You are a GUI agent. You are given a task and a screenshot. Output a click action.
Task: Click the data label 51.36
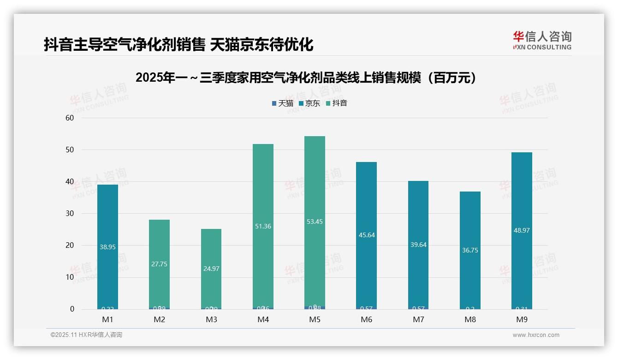(263, 226)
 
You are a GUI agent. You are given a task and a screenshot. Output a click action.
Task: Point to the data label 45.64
(367, 235)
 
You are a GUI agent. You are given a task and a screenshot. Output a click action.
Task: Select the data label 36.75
(470, 250)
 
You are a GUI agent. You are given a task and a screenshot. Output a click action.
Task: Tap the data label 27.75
(159, 264)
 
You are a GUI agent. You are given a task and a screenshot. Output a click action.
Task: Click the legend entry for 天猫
(282, 103)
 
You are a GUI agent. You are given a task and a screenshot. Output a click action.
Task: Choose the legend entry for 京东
(309, 103)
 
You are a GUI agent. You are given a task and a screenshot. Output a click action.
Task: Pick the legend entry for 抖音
(336, 103)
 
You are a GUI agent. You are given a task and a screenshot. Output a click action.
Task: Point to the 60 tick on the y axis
(70, 118)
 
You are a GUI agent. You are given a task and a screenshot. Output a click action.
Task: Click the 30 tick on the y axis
(70, 214)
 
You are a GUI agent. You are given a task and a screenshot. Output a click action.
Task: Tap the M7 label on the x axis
(418, 320)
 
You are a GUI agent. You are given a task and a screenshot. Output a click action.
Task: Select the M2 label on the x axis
(160, 320)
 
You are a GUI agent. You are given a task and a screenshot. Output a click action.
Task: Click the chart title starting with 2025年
(306, 78)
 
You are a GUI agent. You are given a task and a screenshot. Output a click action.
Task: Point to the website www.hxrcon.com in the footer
(536, 335)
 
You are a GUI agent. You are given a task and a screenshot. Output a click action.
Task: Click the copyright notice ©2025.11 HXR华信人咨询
(86, 335)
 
